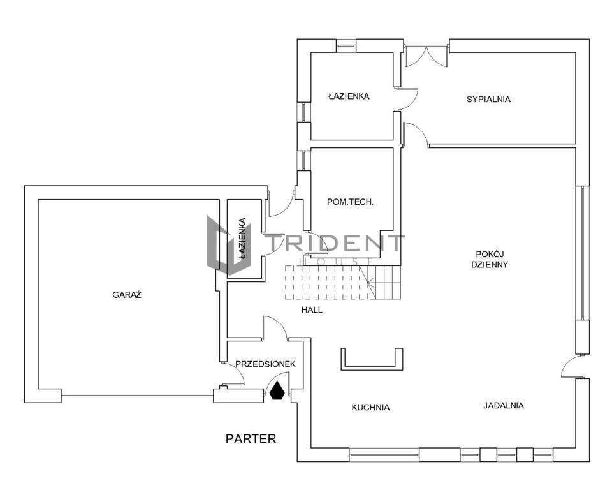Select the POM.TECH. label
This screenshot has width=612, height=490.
point(350,202)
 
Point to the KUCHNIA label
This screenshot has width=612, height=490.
point(370,408)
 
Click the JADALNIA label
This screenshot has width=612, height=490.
point(504,406)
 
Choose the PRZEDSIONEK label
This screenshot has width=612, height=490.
point(265,364)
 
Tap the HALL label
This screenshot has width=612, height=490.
point(312,310)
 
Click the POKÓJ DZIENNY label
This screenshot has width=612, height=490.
point(490,259)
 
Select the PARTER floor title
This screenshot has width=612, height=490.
point(251,439)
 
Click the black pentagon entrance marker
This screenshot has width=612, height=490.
point(277,390)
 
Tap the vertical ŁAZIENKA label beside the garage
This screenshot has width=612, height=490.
point(242,239)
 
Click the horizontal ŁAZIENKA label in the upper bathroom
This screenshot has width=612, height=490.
point(349,96)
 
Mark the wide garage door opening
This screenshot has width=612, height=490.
point(137,396)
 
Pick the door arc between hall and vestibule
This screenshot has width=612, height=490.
point(275,327)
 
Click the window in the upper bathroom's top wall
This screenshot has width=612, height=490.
point(346,45)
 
